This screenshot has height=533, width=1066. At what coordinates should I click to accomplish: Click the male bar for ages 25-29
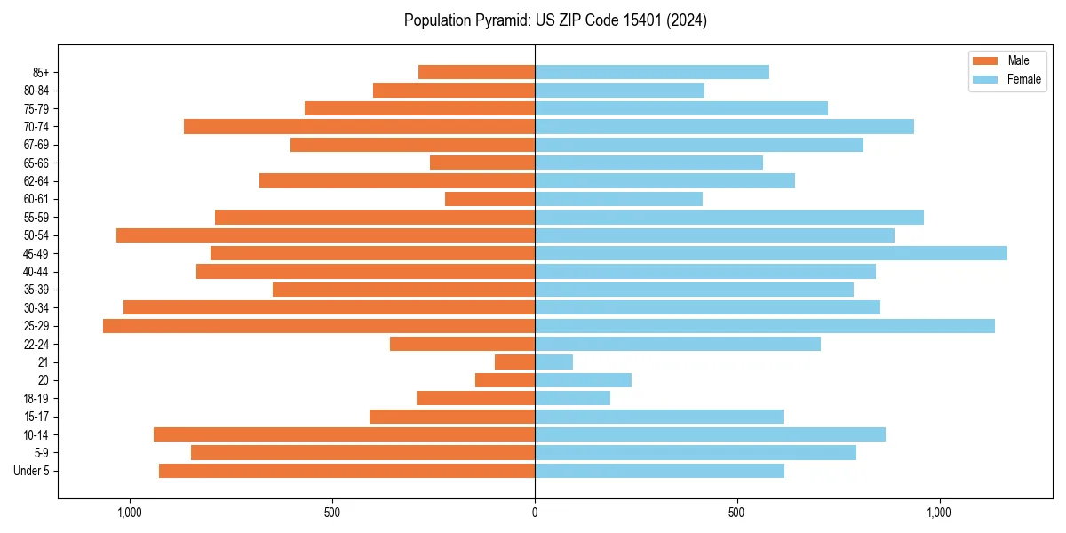click(x=319, y=326)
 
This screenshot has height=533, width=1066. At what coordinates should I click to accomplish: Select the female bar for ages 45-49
click(x=771, y=253)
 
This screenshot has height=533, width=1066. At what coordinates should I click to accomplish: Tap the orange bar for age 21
click(x=514, y=362)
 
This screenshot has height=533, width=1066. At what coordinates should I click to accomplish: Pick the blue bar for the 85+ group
click(x=652, y=72)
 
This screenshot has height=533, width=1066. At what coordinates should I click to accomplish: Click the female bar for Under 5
click(x=659, y=471)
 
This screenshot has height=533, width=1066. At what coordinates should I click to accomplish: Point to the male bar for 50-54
click(x=325, y=235)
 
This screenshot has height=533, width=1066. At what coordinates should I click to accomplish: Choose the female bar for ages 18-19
click(x=572, y=398)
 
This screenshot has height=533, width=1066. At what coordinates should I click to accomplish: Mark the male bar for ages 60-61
click(x=489, y=199)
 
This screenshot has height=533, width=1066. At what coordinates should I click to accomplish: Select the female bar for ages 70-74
click(x=724, y=126)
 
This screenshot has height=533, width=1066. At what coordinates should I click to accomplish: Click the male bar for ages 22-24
click(x=462, y=344)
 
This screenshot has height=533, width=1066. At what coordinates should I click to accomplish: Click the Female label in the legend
click(x=1023, y=79)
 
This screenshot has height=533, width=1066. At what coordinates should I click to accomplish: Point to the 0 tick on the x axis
click(x=535, y=513)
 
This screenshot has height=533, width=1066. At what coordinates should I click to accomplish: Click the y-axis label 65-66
click(x=36, y=163)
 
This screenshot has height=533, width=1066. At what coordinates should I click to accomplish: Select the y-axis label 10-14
click(x=36, y=434)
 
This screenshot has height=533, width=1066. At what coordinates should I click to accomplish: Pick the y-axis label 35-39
click(x=36, y=290)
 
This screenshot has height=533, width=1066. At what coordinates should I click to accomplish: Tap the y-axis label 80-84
click(x=36, y=91)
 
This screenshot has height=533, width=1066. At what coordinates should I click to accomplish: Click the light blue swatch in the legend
click(x=986, y=79)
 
